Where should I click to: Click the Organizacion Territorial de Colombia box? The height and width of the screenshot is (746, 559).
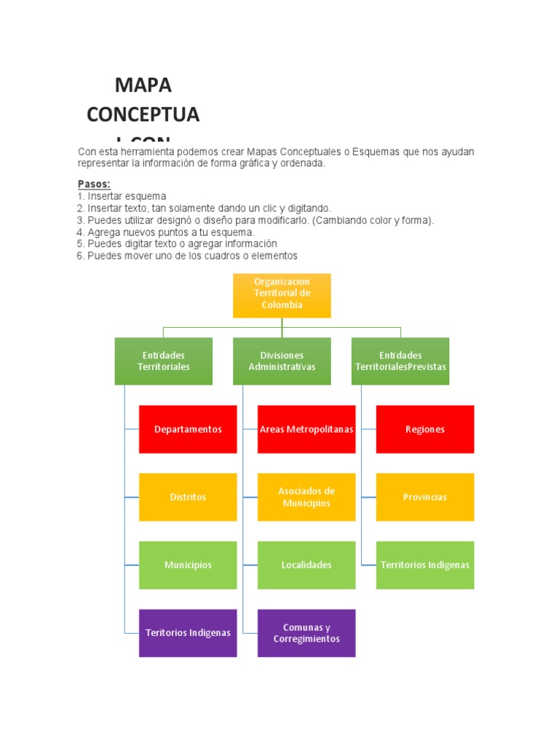pos(282,295)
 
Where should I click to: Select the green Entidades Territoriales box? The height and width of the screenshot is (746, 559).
pos(164,361)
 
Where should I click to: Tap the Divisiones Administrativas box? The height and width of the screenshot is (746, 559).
pos(282,361)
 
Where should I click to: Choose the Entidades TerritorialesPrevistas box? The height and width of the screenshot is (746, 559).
pos(400,361)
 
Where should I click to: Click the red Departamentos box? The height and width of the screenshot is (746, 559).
pos(188,429)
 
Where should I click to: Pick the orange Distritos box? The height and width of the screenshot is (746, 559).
pos(188,497)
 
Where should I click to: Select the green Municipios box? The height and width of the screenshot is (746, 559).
pos(188,565)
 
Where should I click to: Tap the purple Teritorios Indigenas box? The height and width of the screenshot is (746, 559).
pos(188,632)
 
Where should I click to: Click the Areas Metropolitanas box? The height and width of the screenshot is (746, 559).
pos(306,429)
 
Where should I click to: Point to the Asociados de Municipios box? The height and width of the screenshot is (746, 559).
pos(306,497)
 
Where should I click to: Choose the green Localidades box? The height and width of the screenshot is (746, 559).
pos(306,565)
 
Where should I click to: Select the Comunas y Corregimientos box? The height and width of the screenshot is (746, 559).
pos(306,632)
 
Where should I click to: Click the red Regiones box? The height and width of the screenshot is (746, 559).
pos(425,429)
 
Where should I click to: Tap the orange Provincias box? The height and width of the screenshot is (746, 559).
pos(425,497)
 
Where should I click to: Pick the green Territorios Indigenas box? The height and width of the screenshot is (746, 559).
pos(425,565)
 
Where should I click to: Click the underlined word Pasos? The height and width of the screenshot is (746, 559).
pos(93,184)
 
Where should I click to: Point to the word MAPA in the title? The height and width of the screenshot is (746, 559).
pos(143,85)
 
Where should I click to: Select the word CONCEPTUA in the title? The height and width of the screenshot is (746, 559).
pos(143,114)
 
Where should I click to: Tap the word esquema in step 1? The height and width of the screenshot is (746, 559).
pos(147,197)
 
